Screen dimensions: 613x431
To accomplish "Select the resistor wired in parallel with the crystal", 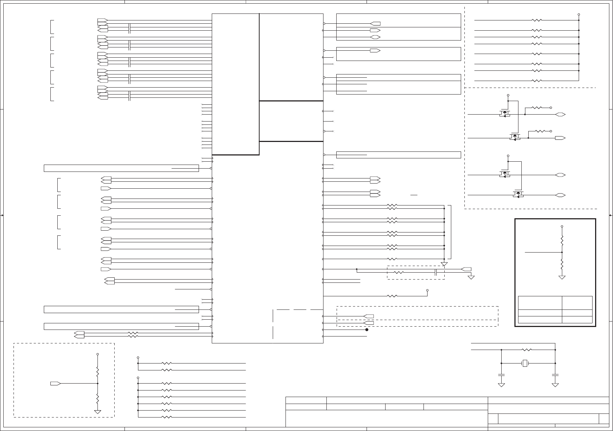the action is pos(526,350).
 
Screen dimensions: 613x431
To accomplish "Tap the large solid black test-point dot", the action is pos(367,330).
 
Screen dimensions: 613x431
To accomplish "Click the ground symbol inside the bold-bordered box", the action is pos(562,277).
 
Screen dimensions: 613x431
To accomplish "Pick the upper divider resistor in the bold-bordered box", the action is pos(562,240).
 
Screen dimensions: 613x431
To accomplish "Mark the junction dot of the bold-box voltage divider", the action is pos(562,252).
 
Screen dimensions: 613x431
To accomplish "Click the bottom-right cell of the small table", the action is pos(577,320).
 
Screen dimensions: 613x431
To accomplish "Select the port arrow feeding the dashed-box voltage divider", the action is pos(55,383).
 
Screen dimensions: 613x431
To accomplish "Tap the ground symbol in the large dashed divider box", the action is pos(97,411).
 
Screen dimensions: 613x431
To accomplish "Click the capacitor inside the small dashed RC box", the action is pos(436,273).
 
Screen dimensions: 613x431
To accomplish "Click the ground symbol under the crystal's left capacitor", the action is pos(501,385).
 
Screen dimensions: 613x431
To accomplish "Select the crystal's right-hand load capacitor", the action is pos(555,375).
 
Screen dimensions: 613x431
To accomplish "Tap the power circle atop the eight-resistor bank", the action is pos(579,15).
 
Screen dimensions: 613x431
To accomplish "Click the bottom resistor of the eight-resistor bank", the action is pos(537,81).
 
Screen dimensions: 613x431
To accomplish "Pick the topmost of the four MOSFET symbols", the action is pos(505,113).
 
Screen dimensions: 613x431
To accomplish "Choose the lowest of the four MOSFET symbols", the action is pos(518,194).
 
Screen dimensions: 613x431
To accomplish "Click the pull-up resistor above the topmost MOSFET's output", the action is pos(537,108).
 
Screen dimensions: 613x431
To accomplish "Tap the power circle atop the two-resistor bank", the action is pos(138,358).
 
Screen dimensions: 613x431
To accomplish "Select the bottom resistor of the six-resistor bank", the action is pos(166,417).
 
